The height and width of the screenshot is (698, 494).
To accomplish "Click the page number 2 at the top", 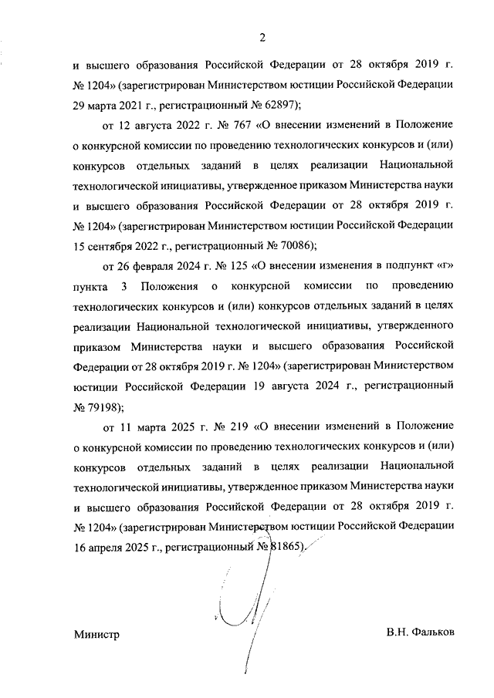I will point(262,37).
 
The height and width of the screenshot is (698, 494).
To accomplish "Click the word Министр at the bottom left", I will point(97,632).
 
